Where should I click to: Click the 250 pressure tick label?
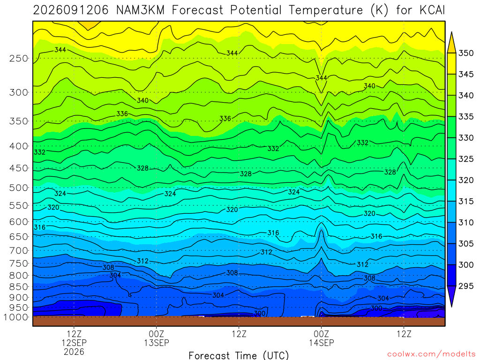(x=19, y=58)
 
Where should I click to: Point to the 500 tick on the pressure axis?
(x=19, y=187)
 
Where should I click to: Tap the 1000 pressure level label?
(x=16, y=317)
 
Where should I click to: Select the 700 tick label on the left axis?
(x=19, y=250)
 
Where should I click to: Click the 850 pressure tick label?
(x=19, y=287)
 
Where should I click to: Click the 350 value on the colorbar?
(x=465, y=53)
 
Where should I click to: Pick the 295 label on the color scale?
(x=465, y=286)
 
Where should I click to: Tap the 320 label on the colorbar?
(x=465, y=180)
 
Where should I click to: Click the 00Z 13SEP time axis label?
(x=157, y=338)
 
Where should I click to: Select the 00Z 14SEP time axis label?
(x=322, y=338)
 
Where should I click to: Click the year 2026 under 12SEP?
(x=74, y=352)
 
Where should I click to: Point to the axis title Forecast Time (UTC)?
(x=239, y=355)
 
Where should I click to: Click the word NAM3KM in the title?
(x=141, y=10)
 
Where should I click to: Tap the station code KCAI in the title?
(x=432, y=10)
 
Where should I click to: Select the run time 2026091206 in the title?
(x=71, y=10)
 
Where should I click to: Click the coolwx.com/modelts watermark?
(x=431, y=354)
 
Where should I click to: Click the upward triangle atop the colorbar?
(x=451, y=43)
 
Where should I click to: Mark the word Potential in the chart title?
(x=255, y=10)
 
